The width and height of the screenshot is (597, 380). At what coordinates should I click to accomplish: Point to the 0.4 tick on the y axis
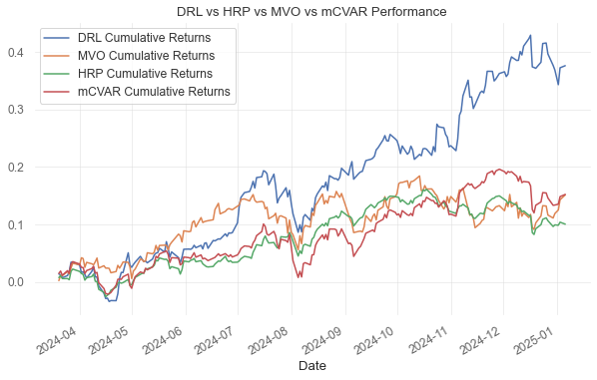[x=17, y=52]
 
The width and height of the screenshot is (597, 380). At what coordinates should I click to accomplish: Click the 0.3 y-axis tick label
[x=17, y=110]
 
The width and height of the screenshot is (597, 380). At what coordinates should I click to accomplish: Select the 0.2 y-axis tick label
[x=17, y=168]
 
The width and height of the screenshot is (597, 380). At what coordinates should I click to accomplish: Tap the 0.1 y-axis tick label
[x=17, y=225]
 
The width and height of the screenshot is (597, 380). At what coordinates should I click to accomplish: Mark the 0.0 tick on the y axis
[x=17, y=282]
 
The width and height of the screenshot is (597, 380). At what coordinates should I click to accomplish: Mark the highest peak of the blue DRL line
[x=529, y=36]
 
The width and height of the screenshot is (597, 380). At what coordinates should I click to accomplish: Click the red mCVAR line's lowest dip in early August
[x=299, y=276]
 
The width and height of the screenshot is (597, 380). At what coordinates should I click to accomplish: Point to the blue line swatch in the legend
[x=57, y=38]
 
